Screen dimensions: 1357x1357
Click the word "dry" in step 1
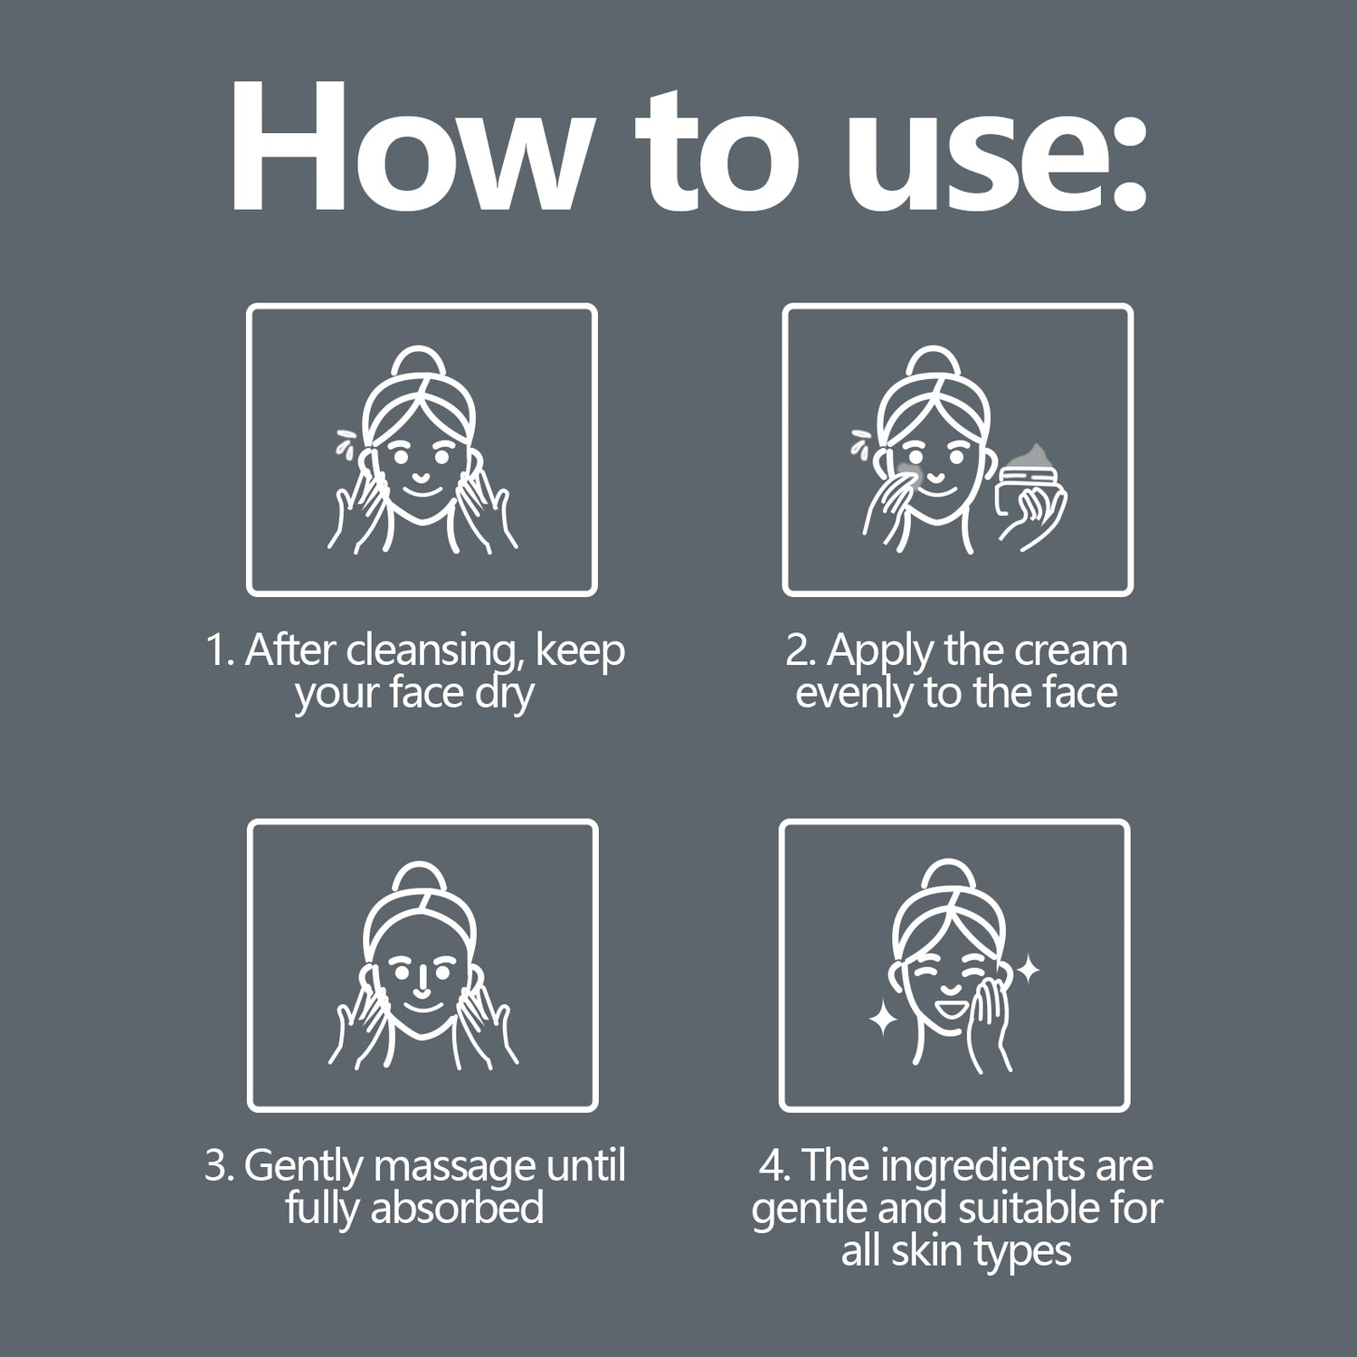[504, 696]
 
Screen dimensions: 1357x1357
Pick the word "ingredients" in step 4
[982, 1167]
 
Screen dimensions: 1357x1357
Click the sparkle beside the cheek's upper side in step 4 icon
[1028, 971]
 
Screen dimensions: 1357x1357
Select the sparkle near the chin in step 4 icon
[883, 1019]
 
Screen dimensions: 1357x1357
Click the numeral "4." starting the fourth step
[775, 1166]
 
